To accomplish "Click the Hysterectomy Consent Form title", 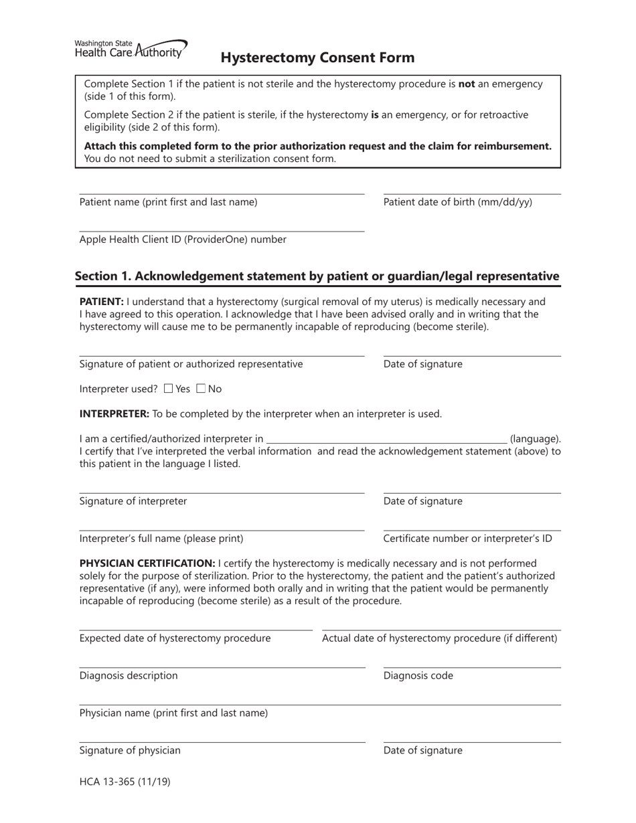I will (317, 58).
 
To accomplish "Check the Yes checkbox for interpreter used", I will (168, 389).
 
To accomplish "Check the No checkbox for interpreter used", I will (201, 389).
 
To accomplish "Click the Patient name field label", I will (168, 202).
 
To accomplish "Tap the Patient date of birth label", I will (458, 202).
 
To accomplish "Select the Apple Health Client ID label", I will (183, 240).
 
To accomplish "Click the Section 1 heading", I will (317, 276).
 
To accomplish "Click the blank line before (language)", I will (386, 439).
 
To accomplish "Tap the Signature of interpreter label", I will (133, 501).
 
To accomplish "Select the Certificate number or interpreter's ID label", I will (467, 539).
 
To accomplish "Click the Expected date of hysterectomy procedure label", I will (175, 638).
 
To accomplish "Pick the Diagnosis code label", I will (418, 676).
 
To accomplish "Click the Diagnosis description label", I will (129, 676).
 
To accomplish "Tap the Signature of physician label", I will (130, 751).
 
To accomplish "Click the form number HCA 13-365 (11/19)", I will (125, 781).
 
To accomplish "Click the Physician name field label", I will (173, 713).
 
